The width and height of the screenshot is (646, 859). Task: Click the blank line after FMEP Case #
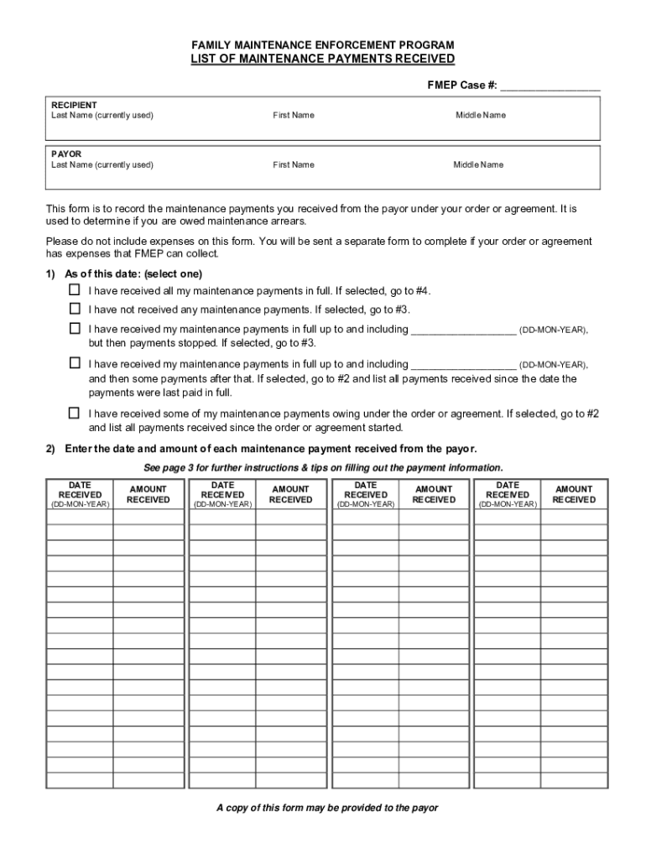point(550,86)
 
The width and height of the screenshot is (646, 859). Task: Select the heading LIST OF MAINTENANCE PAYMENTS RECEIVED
point(323,59)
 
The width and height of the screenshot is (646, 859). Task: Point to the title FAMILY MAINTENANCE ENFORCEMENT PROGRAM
point(323,44)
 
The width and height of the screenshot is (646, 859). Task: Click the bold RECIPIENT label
point(74,105)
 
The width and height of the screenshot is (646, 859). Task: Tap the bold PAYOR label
point(66,154)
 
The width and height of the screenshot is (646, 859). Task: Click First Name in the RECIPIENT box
point(293,115)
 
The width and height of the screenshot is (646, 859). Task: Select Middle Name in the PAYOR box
point(478,164)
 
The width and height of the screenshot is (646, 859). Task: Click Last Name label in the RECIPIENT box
point(102,115)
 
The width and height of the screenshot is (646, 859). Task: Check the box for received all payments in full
point(75,290)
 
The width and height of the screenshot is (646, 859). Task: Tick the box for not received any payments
point(75,309)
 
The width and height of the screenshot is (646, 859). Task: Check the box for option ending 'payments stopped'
point(75,329)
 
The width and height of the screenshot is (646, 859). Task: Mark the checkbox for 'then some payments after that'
point(75,363)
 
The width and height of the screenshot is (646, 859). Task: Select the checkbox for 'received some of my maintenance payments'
point(75,413)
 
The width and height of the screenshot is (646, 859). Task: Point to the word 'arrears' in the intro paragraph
point(288,221)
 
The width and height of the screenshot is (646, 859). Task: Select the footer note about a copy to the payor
point(327,808)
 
